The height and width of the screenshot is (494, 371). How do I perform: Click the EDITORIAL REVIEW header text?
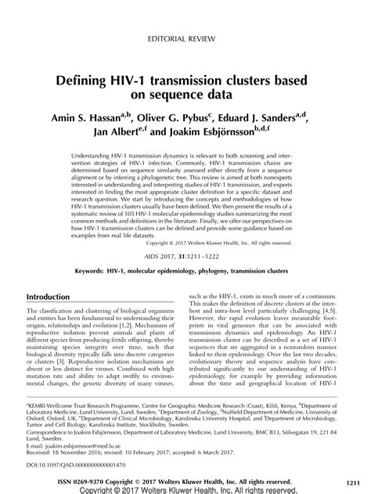coord(185,37)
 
